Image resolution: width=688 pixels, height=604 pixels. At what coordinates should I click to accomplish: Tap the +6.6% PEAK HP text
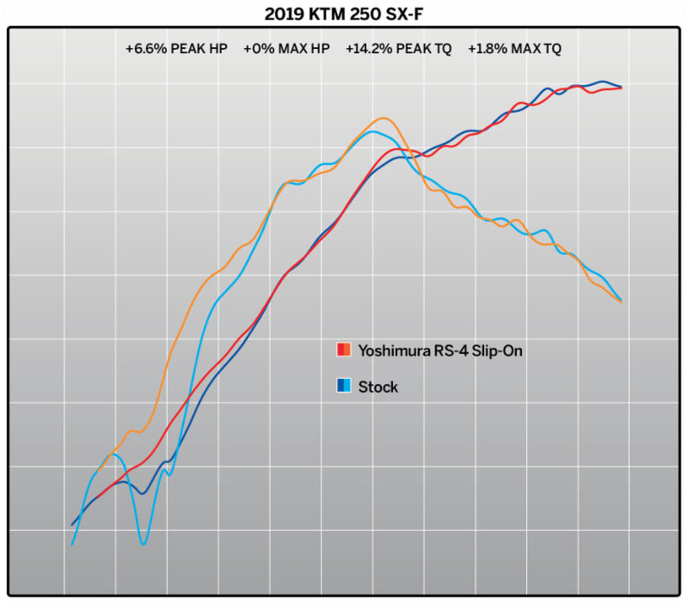tap(176, 49)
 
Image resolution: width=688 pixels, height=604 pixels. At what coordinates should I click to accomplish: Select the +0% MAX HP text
tap(286, 49)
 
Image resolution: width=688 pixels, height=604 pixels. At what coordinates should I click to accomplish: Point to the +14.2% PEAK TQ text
tap(398, 49)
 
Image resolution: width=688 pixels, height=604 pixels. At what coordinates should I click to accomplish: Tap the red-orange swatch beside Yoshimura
tap(343, 350)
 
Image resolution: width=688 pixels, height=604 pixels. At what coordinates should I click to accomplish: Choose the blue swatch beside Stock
tap(343, 387)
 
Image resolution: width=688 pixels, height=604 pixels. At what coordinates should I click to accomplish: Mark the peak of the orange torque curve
tap(384, 119)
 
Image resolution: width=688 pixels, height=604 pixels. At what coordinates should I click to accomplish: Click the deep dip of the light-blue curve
tap(143, 544)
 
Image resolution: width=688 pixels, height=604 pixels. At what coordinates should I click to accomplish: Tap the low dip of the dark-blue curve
tap(142, 493)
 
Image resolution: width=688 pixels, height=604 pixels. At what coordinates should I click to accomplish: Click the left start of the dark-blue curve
tap(71, 524)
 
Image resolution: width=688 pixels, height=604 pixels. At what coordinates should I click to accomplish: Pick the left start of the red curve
tap(98, 497)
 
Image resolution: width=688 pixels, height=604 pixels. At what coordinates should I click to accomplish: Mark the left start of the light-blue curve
tap(72, 545)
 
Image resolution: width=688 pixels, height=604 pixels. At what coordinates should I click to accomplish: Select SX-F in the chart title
tap(397, 15)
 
